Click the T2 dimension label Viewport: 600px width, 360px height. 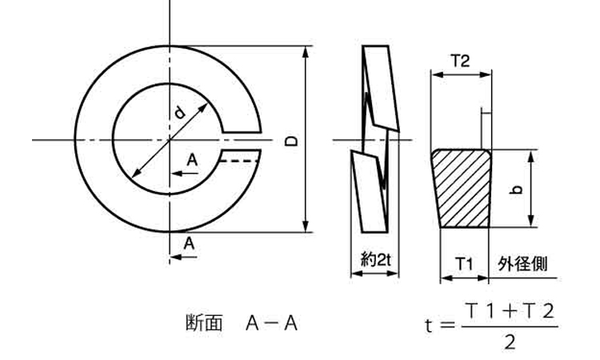click(x=460, y=61)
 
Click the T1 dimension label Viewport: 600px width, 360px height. click(x=464, y=263)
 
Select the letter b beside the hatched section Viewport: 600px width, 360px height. click(x=517, y=189)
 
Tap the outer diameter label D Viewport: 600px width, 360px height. click(x=292, y=141)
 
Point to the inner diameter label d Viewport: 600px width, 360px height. click(x=179, y=113)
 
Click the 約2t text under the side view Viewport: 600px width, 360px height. click(x=376, y=260)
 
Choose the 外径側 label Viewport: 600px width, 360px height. click(x=522, y=264)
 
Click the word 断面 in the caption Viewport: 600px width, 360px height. click(x=203, y=323)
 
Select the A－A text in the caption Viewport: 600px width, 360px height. click(x=271, y=323)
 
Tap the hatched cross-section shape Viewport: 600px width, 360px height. click(x=462, y=188)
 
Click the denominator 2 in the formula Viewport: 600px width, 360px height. click(x=510, y=342)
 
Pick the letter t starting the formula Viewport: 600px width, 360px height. click(x=429, y=326)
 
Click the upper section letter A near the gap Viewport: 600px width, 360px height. click(x=192, y=160)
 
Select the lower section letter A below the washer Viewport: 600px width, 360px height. click(x=189, y=243)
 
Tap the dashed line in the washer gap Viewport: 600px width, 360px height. click(x=239, y=161)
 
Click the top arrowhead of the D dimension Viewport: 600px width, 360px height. click(x=306, y=52)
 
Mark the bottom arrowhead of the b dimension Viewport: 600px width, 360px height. click(x=530, y=221)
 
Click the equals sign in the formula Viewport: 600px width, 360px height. click(x=448, y=326)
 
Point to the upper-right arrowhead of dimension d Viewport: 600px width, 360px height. click(x=203, y=107)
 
